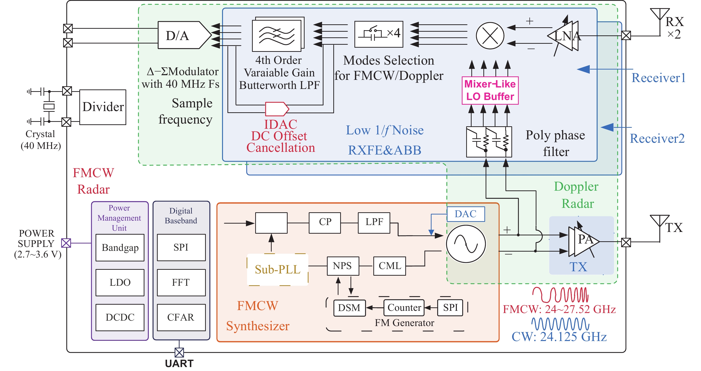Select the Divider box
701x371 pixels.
click(x=103, y=107)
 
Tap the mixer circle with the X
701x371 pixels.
click(x=490, y=36)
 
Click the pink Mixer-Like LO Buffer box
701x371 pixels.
click(x=490, y=90)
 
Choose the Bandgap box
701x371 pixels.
click(x=120, y=247)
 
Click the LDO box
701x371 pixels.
click(x=120, y=282)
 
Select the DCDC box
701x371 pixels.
click(x=120, y=317)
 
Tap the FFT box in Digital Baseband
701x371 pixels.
click(x=181, y=282)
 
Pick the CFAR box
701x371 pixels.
click(x=181, y=317)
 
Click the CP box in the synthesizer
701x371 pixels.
click(x=325, y=223)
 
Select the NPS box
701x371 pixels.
click(x=343, y=266)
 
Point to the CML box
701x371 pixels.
click(x=389, y=266)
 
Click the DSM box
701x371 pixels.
click(x=350, y=308)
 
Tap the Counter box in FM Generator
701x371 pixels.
click(x=404, y=308)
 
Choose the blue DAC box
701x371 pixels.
click(x=466, y=214)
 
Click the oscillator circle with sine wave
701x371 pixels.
click(x=466, y=244)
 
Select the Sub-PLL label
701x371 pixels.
click(x=278, y=270)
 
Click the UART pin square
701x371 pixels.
click(x=179, y=353)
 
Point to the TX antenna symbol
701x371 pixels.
click(x=660, y=221)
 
